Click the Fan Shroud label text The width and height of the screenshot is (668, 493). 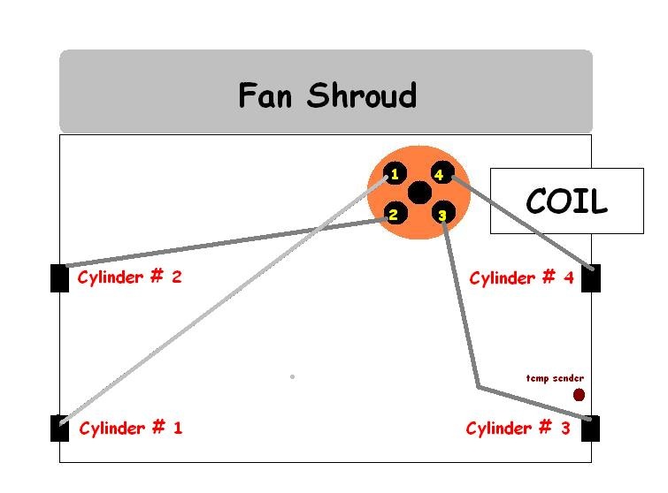(326, 95)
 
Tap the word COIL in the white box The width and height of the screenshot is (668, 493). (566, 202)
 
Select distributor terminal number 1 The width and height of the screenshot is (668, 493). (395, 174)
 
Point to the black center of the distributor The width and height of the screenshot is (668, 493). (419, 193)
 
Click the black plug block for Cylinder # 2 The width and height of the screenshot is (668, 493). (59, 277)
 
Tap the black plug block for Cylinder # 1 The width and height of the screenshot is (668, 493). (59, 428)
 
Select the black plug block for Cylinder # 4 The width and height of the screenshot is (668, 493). (590, 277)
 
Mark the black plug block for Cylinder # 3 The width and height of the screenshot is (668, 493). (590, 429)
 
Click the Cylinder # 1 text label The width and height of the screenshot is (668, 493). (130, 429)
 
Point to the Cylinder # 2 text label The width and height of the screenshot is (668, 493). (129, 277)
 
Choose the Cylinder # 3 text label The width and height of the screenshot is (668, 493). (518, 429)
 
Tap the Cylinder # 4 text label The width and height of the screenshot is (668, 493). (521, 278)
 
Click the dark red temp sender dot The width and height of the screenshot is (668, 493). (579, 395)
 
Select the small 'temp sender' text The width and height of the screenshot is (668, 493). (555, 378)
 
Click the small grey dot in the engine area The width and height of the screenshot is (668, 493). (292, 376)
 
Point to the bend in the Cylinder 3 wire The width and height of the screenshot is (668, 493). (479, 387)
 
